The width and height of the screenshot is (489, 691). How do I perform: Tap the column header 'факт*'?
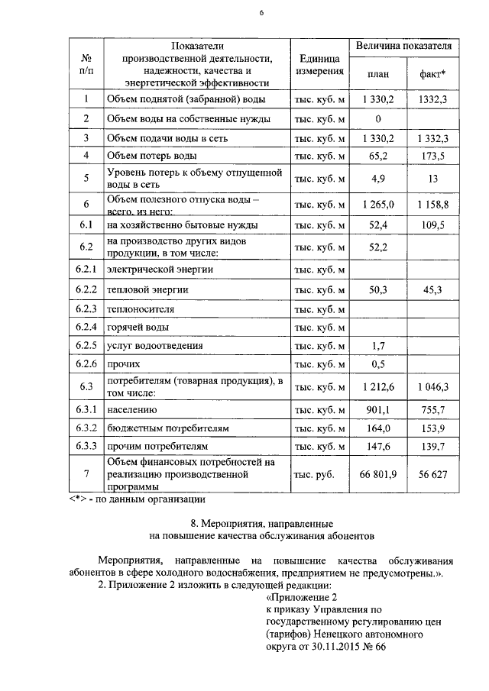[433, 73]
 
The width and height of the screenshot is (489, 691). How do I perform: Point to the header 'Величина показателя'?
[404, 47]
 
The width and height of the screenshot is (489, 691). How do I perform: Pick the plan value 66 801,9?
[377, 474]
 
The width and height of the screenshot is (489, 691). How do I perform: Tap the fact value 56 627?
[433, 474]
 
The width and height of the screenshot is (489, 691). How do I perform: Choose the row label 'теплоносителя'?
[141, 308]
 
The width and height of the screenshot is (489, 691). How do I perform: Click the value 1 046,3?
[433, 387]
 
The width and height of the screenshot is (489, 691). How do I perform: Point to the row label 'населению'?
[131, 410]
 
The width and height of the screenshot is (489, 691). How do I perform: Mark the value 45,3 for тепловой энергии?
[433, 289]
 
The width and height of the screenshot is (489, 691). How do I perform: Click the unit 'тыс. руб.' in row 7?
[314, 474]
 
